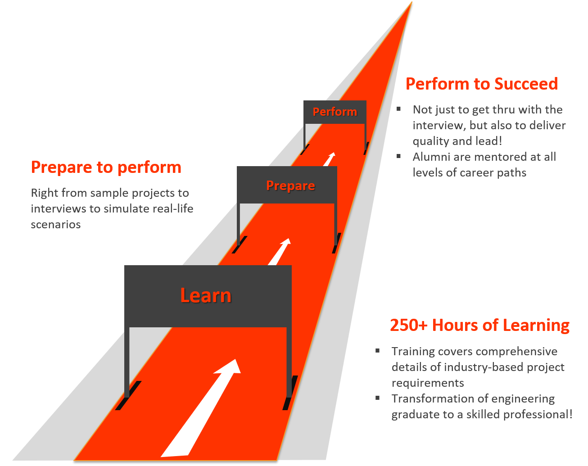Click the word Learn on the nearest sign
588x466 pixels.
click(x=206, y=295)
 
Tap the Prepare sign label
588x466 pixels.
click(x=290, y=185)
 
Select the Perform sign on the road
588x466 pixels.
click(x=335, y=112)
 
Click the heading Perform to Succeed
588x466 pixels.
click(x=481, y=84)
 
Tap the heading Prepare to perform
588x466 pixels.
click(x=106, y=167)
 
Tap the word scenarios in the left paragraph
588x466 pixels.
click(x=56, y=224)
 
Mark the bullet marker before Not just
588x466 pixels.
click(x=399, y=109)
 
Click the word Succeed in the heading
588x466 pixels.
click(x=526, y=84)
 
